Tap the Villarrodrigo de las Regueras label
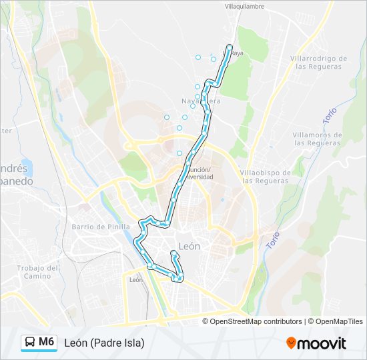319,63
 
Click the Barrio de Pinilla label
96,227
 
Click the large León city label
190,246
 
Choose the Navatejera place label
200,101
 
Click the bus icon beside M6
30,343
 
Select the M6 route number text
47,342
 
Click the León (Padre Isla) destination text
104,343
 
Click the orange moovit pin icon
292,343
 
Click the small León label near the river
135,280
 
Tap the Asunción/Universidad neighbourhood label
198,173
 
